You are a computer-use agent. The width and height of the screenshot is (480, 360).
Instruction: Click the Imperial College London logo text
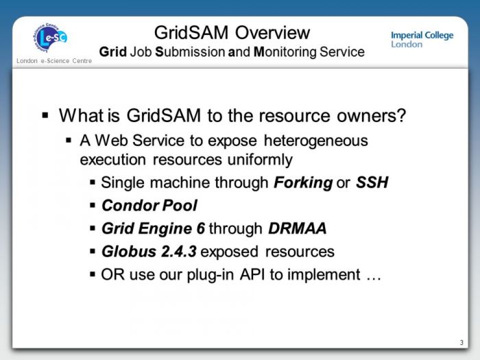[422, 39]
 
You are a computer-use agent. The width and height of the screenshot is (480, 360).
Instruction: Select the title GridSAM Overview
[232, 32]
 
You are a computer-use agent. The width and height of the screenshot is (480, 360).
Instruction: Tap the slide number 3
[461, 342]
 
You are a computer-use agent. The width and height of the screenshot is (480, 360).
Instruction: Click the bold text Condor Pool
[149, 206]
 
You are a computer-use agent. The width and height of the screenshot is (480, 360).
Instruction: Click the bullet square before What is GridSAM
[46, 116]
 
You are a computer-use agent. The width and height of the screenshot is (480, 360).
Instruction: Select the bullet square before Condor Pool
[93, 206]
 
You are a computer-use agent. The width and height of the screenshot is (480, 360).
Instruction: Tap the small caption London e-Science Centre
[53, 63]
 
